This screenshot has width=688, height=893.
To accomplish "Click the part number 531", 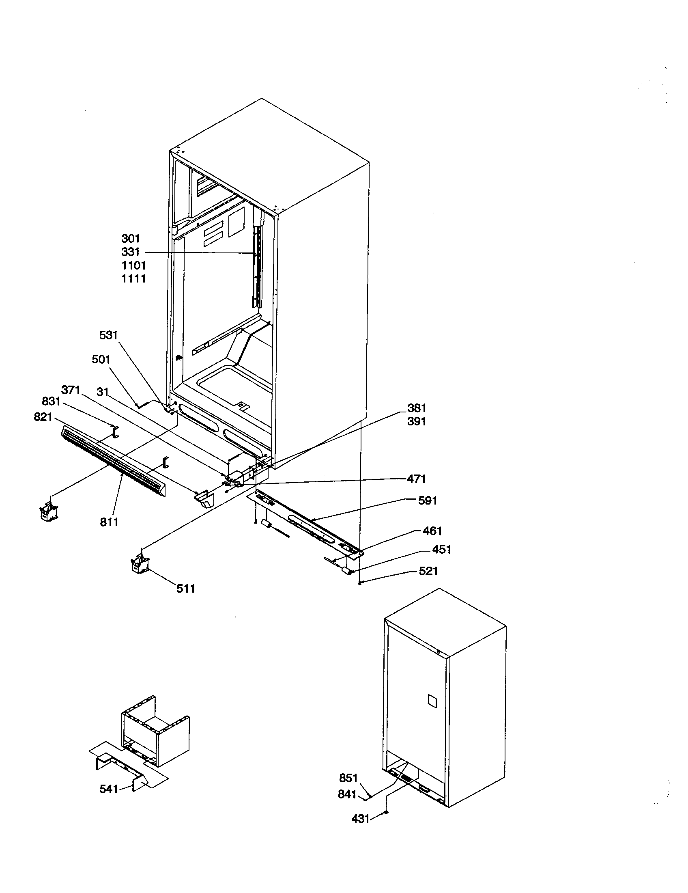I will click(108, 336).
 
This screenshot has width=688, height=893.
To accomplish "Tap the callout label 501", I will click(101, 359).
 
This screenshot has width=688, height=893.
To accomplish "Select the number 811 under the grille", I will click(109, 522).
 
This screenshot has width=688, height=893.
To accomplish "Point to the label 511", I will click(186, 589).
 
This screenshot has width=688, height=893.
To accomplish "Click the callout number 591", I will click(428, 500).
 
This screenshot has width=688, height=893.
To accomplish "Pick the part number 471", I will click(416, 479).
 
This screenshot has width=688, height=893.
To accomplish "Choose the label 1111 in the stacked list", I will click(133, 279).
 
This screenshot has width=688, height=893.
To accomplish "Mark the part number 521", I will click(428, 571).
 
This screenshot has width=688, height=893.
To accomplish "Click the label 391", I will click(416, 422).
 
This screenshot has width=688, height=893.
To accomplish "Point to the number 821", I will click(43, 417).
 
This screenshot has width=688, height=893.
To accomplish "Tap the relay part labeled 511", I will click(139, 564).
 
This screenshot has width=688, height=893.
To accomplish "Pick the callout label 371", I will click(71, 390).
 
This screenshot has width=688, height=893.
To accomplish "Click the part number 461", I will click(432, 531).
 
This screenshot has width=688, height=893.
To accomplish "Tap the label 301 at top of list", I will click(131, 238).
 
